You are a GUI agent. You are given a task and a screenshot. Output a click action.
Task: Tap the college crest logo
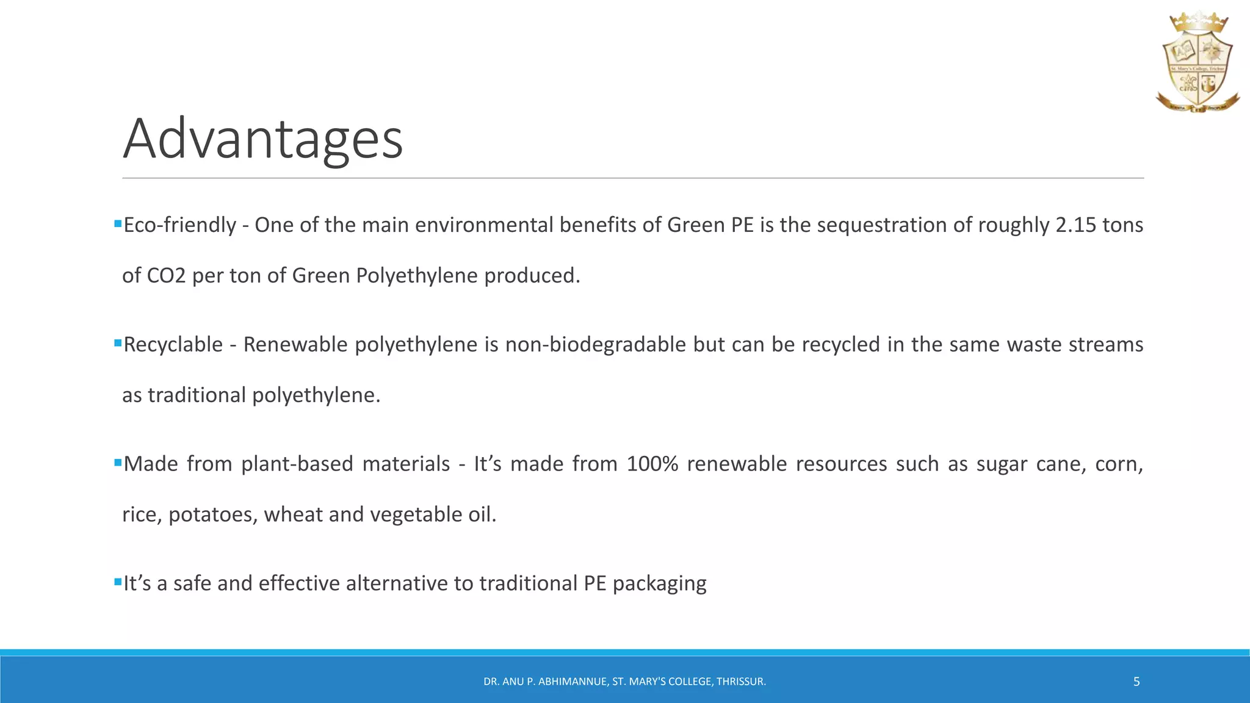pos(1197,63)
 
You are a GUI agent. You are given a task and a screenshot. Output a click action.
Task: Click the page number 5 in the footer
pos(1136,682)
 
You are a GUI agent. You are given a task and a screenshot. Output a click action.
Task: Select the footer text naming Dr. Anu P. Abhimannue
pos(624,682)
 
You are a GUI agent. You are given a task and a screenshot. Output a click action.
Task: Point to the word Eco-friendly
pos(179,225)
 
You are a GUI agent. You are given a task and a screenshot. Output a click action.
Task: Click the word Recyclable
pos(173,345)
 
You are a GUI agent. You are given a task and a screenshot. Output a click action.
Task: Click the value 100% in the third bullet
pos(652,464)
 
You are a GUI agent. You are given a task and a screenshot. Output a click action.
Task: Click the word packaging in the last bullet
pos(659,584)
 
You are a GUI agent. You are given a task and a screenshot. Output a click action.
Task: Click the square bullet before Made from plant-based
pos(118,463)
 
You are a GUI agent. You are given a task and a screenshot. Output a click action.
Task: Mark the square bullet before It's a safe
pos(118,582)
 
